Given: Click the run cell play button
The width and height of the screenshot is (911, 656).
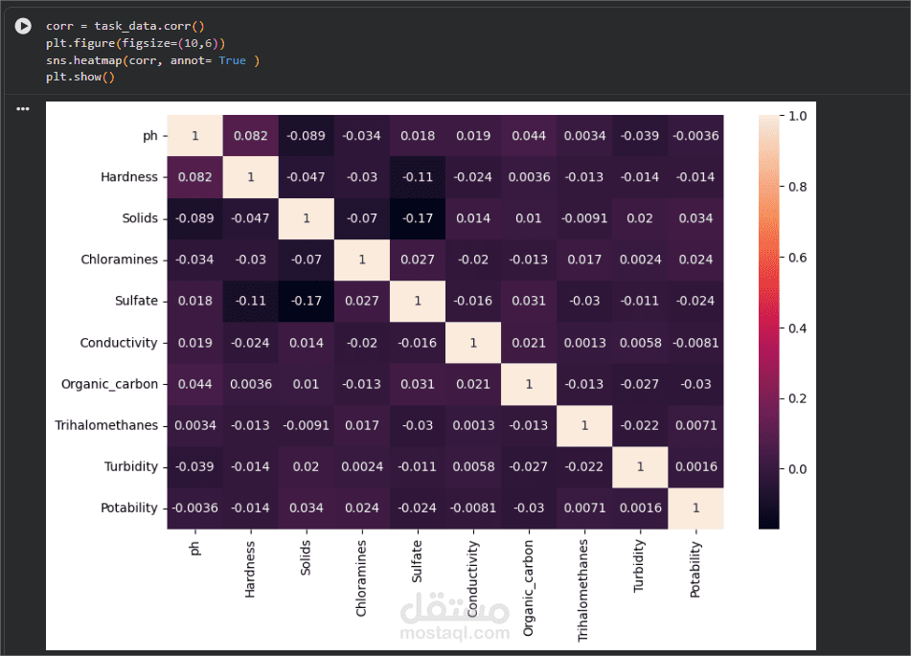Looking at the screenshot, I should tap(23, 27).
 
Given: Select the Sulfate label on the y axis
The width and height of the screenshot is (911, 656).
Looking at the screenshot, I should tap(136, 301).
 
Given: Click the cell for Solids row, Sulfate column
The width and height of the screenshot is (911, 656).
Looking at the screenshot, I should tap(418, 218).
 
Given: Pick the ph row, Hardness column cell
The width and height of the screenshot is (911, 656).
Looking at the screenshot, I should tap(251, 136).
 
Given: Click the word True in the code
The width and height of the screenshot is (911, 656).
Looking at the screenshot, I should tap(232, 60).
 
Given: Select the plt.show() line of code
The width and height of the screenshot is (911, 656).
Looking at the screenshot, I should tap(80, 77).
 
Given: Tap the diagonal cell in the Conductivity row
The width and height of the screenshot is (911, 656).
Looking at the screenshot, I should tap(473, 342).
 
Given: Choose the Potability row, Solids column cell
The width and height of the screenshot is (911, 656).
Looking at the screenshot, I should tap(307, 508).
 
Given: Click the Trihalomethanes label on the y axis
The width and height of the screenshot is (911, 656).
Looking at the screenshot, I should tap(106, 425).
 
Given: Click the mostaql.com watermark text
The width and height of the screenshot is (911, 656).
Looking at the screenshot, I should tap(456, 633).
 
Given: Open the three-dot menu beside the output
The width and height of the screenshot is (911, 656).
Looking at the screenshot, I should tap(23, 109).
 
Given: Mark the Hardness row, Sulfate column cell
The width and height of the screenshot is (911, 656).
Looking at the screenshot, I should tap(418, 177).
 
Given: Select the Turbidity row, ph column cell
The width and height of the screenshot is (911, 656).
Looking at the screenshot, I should tap(195, 466).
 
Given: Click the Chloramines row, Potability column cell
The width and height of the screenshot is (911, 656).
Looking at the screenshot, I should tap(695, 260).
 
